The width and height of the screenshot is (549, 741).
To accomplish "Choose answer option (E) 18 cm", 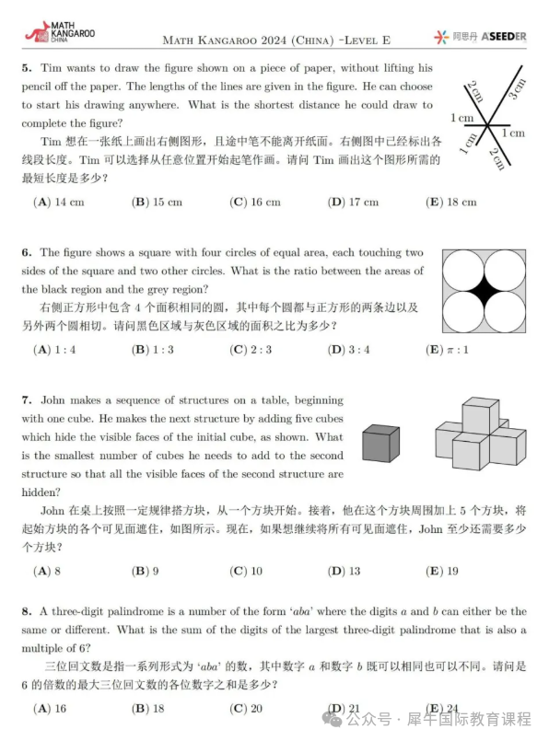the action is pos(451,202).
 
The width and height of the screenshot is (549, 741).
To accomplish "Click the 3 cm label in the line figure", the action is pos(516,89).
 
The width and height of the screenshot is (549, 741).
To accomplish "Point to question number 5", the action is pos(27,68).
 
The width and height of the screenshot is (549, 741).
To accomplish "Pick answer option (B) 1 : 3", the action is pos(158,349).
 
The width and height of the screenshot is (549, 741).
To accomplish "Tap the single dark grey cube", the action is pos(381,443).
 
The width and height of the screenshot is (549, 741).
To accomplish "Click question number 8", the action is pos(27,610).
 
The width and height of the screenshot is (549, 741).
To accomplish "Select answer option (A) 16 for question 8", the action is pos(50,708).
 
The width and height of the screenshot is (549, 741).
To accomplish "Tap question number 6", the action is pos(27,252).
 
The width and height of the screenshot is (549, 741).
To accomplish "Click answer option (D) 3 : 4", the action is pos(349,349).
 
